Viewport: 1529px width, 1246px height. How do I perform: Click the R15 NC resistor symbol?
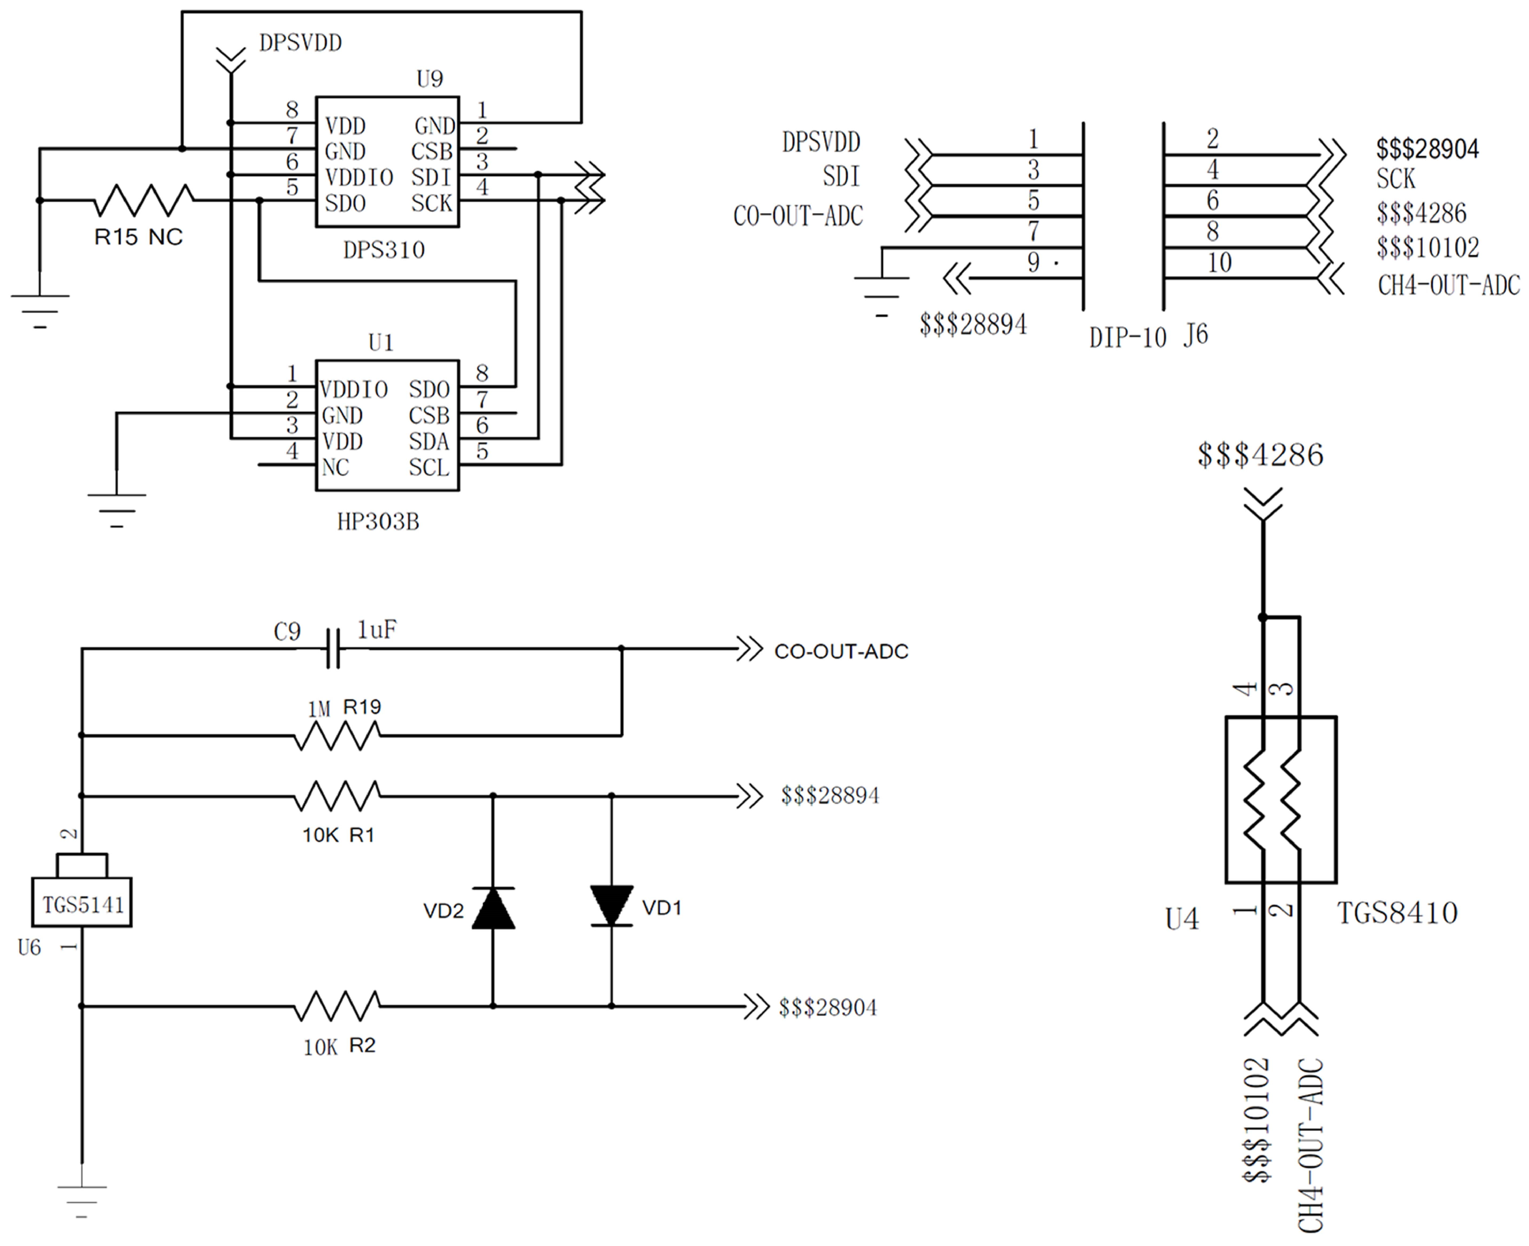pos(143,200)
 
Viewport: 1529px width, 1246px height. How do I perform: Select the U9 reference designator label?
pos(429,78)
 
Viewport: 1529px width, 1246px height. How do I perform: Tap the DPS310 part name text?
pos(384,250)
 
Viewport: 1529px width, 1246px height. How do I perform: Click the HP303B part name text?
pos(378,521)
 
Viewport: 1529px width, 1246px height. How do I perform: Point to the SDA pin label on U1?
pos(429,442)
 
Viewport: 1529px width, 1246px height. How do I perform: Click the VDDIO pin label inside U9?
pos(359,177)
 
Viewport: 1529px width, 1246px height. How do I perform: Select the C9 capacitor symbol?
pos(332,649)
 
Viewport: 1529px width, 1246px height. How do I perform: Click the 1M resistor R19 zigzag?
pos(337,736)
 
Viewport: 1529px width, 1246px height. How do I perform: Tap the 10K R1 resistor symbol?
pos(337,796)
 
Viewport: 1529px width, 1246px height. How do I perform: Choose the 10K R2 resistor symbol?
pos(337,1006)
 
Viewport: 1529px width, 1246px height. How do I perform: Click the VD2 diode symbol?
pos(493,909)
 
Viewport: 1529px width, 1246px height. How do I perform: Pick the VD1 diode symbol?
pos(611,906)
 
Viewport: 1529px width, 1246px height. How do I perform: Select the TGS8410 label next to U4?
pos(1397,913)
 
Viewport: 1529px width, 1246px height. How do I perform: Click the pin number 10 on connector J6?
pos(1219,263)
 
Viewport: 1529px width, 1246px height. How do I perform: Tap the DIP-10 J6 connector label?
pos(1148,336)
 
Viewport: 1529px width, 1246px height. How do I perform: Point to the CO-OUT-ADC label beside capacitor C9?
pos(841,652)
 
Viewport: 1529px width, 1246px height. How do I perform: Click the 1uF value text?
pos(376,629)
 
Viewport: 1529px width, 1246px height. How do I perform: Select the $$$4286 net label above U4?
pos(1260,455)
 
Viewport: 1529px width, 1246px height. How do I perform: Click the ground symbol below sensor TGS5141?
pos(82,1197)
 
